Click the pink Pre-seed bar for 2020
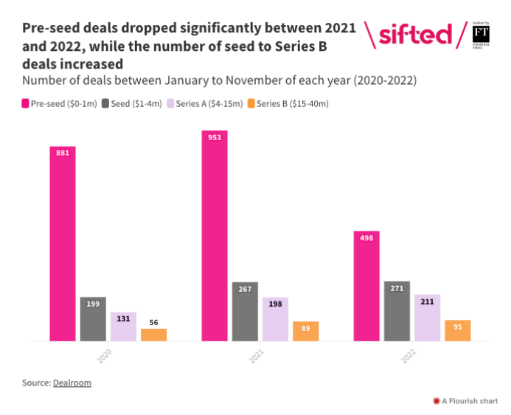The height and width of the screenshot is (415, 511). pyautogui.click(x=63, y=243)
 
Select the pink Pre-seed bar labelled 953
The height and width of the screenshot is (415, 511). pyautogui.click(x=215, y=235)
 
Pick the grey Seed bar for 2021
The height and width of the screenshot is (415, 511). pyautogui.click(x=245, y=311)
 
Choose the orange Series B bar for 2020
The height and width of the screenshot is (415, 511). pyautogui.click(x=153, y=335)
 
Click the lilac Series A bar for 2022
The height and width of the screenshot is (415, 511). pyautogui.click(x=427, y=318)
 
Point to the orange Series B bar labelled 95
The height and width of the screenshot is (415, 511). pyautogui.click(x=457, y=330)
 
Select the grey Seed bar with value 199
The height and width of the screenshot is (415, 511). pyautogui.click(x=93, y=318)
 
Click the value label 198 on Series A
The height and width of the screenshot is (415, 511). pyautogui.click(x=275, y=304)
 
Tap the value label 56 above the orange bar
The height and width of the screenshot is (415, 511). pyautogui.click(x=153, y=322)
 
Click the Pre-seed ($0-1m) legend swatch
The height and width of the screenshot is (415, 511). pyautogui.click(x=27, y=103)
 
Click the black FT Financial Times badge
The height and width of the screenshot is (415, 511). pyautogui.click(x=482, y=35)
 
